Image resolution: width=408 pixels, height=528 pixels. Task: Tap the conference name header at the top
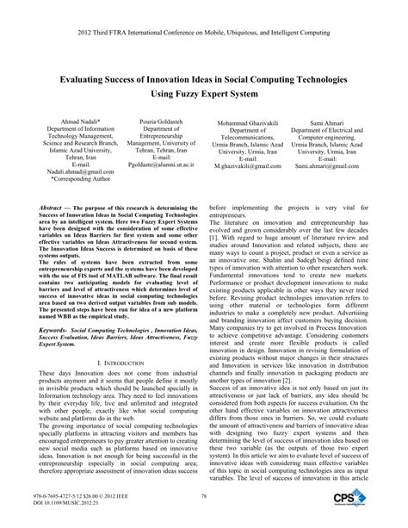203,9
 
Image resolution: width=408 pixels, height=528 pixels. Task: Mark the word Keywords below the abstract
59,353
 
